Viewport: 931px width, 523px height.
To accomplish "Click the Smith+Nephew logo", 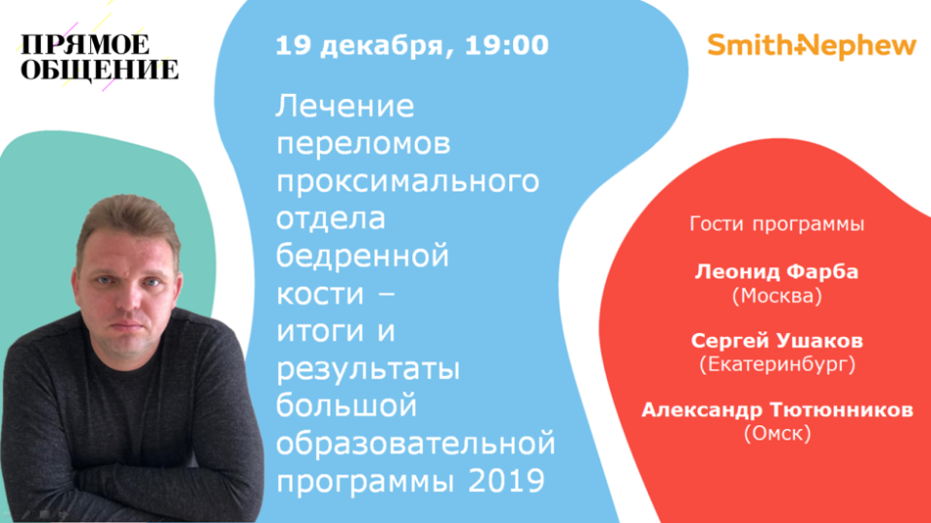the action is (x=812, y=46).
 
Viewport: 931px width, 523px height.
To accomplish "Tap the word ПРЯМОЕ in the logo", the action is (x=85, y=46).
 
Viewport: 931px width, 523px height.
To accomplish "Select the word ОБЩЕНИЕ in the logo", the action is (x=100, y=70).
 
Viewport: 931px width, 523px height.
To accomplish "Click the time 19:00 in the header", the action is (x=506, y=46).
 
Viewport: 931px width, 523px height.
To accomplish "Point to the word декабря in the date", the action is (x=388, y=47).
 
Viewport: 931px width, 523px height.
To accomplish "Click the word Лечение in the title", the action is (x=345, y=107).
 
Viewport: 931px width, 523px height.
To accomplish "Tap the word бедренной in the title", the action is (x=362, y=256).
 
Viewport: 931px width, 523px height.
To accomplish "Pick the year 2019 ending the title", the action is (x=506, y=480).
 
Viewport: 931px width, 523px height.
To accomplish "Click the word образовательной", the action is (x=416, y=443).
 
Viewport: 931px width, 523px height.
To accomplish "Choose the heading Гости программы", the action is (x=777, y=225).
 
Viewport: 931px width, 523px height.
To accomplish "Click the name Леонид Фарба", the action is (x=777, y=271).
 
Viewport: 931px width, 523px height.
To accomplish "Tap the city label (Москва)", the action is (x=777, y=295).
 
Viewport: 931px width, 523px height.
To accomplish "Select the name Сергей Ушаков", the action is (x=777, y=341).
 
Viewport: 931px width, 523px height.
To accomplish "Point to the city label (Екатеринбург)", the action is (x=777, y=364).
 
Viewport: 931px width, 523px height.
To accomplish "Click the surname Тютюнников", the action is (x=842, y=410).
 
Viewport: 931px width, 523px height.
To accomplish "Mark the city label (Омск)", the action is (x=777, y=434).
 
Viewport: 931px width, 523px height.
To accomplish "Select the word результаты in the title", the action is (x=369, y=370).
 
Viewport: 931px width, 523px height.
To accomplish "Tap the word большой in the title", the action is (x=346, y=405).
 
